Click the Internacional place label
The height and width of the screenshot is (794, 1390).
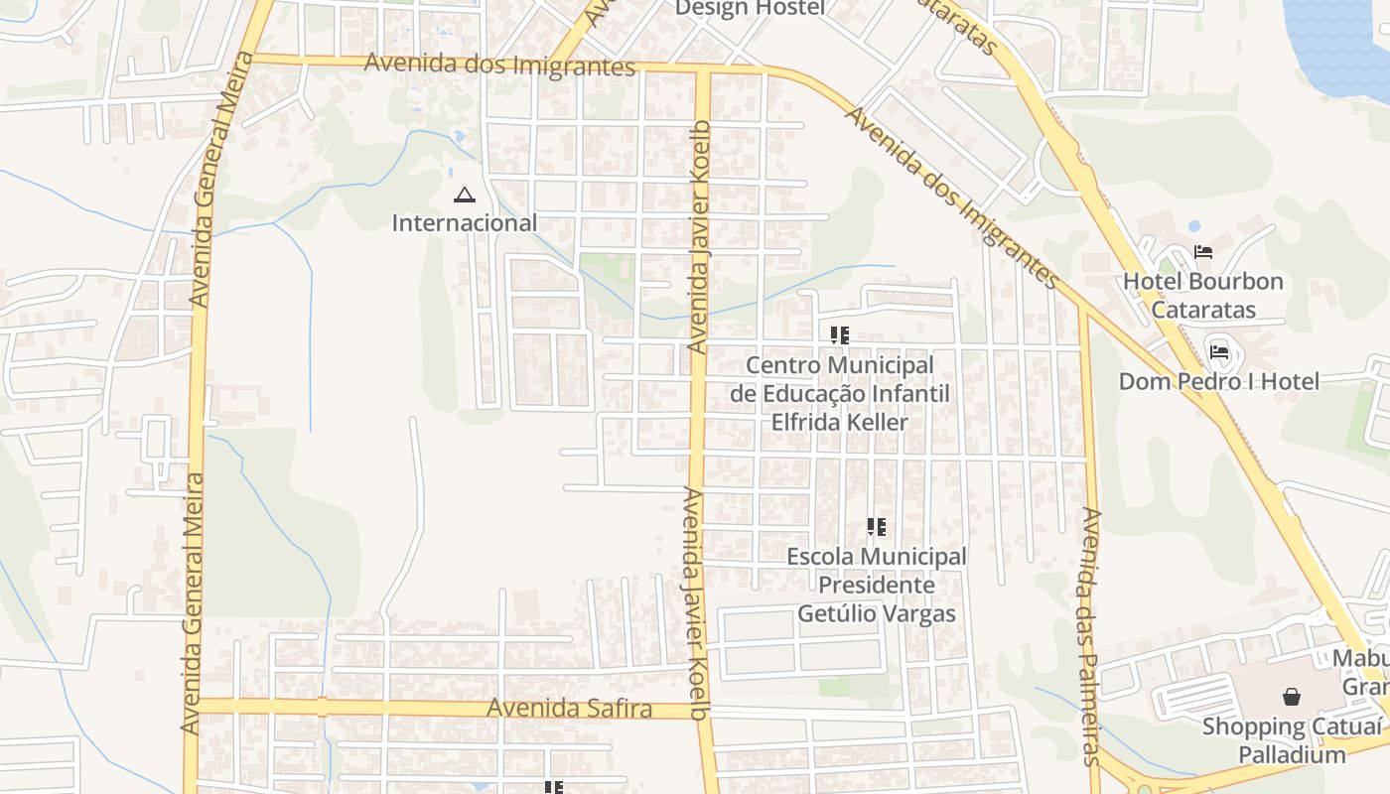click(x=465, y=223)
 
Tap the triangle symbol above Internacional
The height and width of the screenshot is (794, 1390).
click(x=464, y=195)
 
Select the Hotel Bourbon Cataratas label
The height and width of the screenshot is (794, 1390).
click(x=1203, y=295)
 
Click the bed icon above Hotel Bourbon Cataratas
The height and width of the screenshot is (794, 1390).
click(x=1203, y=252)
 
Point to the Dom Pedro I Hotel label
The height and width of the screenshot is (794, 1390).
click(x=1218, y=381)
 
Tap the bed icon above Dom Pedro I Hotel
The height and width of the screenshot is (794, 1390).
click(x=1219, y=350)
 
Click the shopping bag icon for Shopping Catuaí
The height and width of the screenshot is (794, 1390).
click(x=1291, y=697)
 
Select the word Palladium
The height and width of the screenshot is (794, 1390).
click(x=1291, y=754)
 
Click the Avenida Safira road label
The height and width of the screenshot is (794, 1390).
click(x=569, y=709)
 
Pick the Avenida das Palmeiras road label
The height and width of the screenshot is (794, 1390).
click(x=1089, y=635)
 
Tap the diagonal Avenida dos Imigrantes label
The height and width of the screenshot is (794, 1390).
click(x=951, y=198)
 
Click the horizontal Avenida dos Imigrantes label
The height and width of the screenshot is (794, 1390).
click(x=499, y=65)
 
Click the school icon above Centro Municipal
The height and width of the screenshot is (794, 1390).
click(x=840, y=335)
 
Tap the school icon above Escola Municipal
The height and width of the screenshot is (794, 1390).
click(x=876, y=527)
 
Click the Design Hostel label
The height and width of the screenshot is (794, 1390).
click(x=750, y=9)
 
